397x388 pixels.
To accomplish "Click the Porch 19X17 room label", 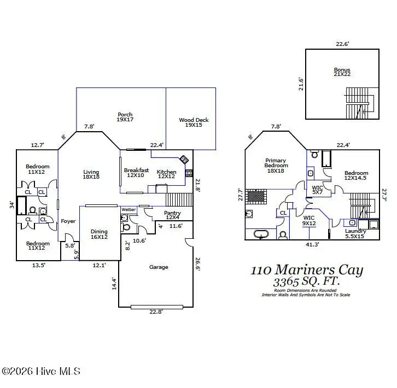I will click(x=125, y=117).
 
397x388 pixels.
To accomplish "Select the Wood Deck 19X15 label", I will click(x=194, y=122).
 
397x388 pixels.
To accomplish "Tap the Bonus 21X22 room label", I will click(x=342, y=72).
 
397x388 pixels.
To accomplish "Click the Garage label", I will click(x=159, y=267).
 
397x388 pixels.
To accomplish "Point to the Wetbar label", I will click(x=129, y=209).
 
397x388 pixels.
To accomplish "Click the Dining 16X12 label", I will click(x=99, y=234).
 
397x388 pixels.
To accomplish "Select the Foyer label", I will click(x=68, y=221).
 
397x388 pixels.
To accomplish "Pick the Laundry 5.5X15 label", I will click(x=355, y=233).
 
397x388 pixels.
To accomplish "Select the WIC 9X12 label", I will click(x=310, y=220).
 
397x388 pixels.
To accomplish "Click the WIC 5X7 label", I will click(x=318, y=190).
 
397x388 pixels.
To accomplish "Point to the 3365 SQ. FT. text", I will click(x=306, y=282).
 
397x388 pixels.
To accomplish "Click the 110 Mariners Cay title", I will click(x=306, y=270).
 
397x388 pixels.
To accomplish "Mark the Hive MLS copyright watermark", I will click(x=41, y=372).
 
